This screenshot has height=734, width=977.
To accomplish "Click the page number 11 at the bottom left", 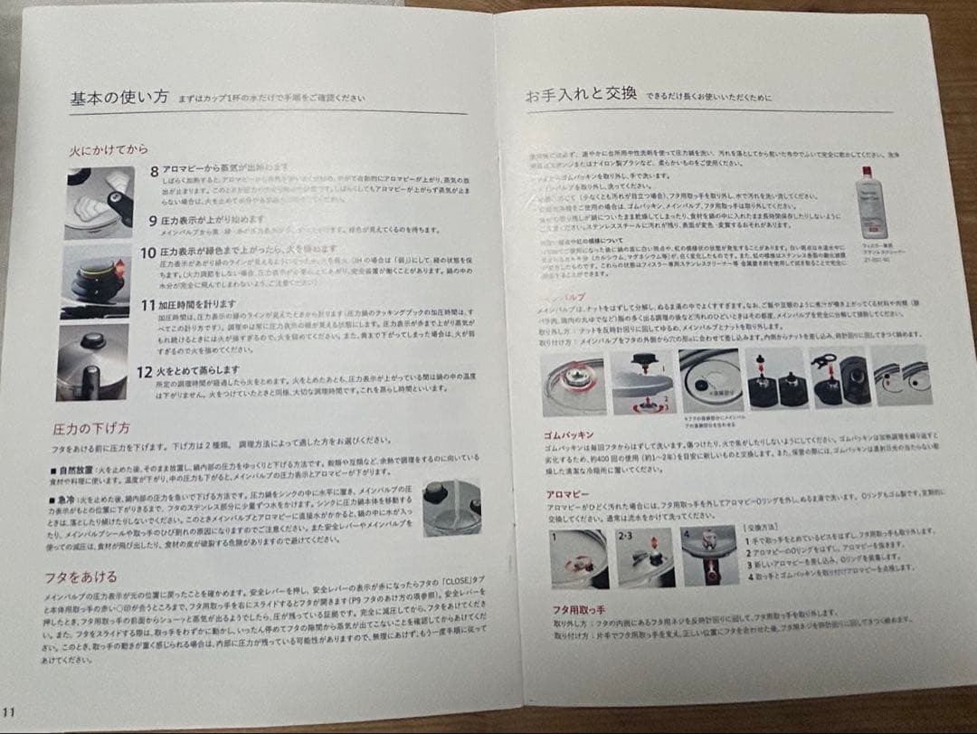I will coord(8,710).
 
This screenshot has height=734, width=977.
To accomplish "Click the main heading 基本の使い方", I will coord(119,99).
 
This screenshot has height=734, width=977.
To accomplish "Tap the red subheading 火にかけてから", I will coord(108,149).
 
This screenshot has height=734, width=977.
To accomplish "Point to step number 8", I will coord(155,170).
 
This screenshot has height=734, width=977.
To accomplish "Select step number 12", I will coord(143,371).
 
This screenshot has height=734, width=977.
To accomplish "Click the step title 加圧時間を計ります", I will coord(197,305).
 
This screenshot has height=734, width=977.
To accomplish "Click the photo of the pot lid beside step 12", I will coord(91,360).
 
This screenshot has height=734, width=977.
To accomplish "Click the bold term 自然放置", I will coord(76,471).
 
